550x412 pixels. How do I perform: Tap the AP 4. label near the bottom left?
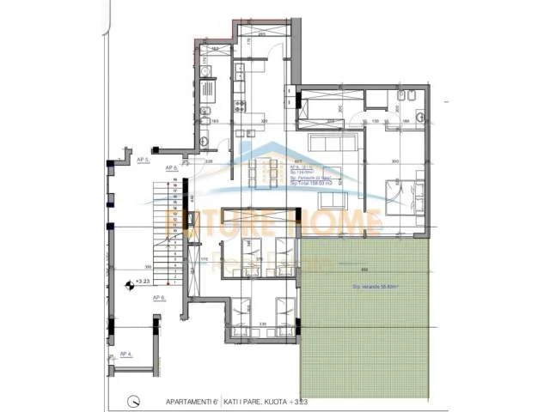(125, 354)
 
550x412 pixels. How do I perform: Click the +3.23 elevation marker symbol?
(129, 281)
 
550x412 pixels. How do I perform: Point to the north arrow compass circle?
(133, 399)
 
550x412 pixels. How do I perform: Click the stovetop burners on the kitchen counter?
(207, 86)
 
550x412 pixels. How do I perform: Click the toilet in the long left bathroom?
(206, 112)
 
